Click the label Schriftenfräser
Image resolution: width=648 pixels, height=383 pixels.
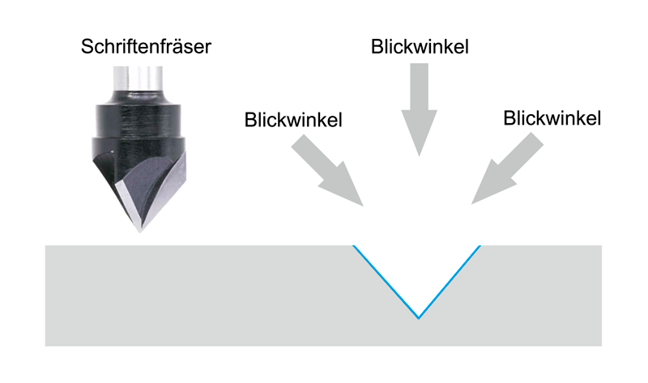(x=146, y=46)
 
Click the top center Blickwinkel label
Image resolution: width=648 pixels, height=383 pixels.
(x=420, y=46)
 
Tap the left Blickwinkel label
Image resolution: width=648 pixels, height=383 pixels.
(x=293, y=120)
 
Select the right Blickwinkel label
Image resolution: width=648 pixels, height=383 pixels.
(x=552, y=118)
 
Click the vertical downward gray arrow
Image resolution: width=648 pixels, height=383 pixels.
(x=419, y=109)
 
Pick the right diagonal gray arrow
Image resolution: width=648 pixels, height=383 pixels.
(x=508, y=168)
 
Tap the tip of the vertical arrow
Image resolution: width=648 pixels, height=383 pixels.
(x=419, y=155)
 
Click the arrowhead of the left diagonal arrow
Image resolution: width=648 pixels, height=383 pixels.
(x=362, y=205)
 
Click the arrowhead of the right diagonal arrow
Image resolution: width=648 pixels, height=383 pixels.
(x=472, y=203)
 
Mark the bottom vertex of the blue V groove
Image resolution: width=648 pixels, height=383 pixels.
(x=419, y=318)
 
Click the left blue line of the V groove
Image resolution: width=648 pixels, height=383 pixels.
(x=386, y=282)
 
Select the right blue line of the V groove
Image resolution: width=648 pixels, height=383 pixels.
(x=450, y=282)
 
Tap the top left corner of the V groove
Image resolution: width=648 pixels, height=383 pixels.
(x=353, y=246)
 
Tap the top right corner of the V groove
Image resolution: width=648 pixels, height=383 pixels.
(x=480, y=246)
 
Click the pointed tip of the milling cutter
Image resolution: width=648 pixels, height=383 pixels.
(x=139, y=232)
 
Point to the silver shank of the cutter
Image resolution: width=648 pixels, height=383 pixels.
(x=138, y=79)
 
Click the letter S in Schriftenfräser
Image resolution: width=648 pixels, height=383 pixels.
(x=87, y=47)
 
